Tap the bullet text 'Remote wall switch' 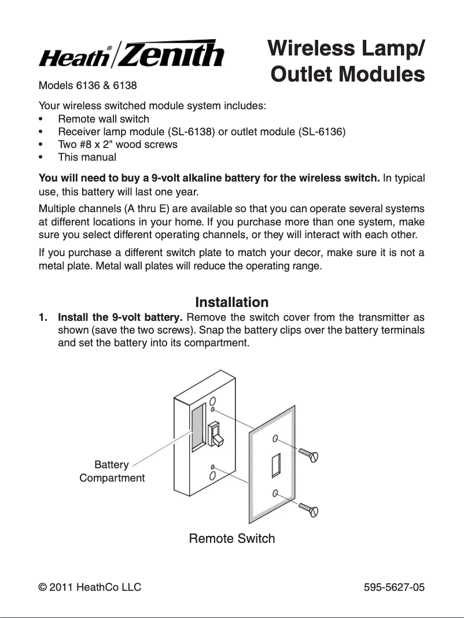point(104,119)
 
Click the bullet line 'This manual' point(87,157)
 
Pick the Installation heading point(232,302)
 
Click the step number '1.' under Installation point(43,318)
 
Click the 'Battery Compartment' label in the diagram point(112,471)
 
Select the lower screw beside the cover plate point(308,510)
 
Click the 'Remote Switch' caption point(232,539)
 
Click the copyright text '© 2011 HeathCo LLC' point(90,587)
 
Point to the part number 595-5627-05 point(394,587)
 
